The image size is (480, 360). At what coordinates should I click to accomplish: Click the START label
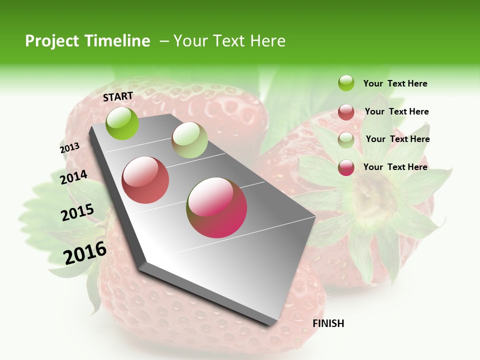(118, 96)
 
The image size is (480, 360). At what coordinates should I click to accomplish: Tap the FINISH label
(328, 323)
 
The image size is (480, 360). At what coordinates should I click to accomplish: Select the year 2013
(69, 148)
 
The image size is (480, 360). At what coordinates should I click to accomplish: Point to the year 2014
(73, 177)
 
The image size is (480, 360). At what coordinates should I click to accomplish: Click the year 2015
(77, 212)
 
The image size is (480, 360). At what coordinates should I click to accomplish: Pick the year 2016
(85, 252)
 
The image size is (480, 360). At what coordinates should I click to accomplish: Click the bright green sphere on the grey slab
(122, 123)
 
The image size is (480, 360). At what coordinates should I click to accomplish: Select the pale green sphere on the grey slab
(189, 140)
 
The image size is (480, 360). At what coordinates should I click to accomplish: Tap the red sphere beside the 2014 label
(145, 180)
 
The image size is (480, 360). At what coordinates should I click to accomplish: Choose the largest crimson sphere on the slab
(216, 207)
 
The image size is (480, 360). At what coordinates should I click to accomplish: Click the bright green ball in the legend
(346, 83)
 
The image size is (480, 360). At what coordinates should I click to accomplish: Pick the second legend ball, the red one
(346, 112)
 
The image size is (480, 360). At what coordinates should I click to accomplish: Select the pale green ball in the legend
(346, 140)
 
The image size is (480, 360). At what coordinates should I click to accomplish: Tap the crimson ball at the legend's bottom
(346, 167)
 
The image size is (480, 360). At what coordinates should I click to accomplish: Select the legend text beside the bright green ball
(395, 83)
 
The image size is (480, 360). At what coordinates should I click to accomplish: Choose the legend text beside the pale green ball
(397, 139)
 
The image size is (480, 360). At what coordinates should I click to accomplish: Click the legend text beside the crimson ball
(395, 167)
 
